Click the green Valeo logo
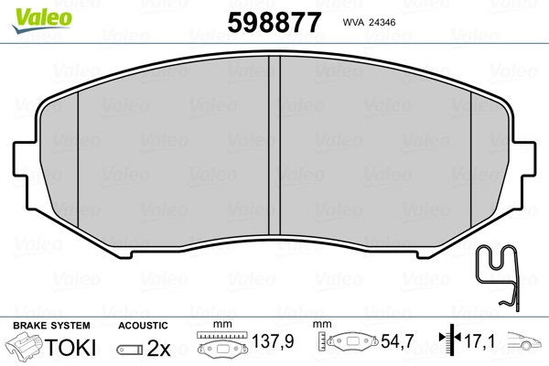[42, 20]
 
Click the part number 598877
[274, 22]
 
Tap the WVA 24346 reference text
[369, 22]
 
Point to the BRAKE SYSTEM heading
[51, 326]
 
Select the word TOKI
[70, 348]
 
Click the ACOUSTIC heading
[144, 326]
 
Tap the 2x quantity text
[158, 348]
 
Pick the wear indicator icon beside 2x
[130, 350]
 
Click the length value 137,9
[273, 341]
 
